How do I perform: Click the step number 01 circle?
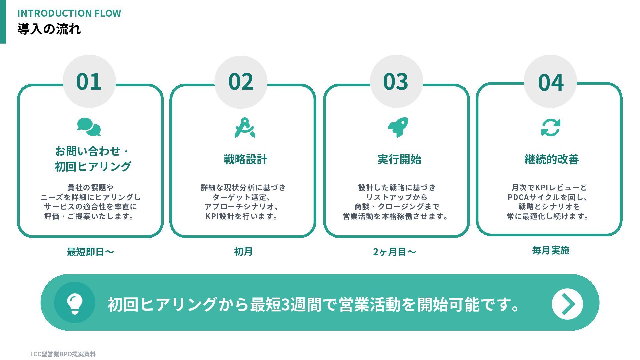click(89, 81)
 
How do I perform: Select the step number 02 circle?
click(241, 82)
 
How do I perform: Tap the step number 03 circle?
click(396, 81)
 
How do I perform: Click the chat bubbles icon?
click(89, 127)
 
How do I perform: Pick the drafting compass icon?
click(245, 127)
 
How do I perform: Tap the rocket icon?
click(398, 127)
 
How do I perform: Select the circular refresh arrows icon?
click(551, 128)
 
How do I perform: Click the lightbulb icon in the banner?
click(75, 303)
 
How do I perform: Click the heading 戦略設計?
click(245, 159)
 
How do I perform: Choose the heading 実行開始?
click(399, 159)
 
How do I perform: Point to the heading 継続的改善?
click(551, 159)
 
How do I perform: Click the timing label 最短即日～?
click(90, 252)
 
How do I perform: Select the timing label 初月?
click(243, 252)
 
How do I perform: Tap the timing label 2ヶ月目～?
click(394, 252)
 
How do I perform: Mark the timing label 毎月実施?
click(551, 250)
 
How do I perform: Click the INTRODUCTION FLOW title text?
click(69, 13)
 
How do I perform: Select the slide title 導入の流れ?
click(49, 29)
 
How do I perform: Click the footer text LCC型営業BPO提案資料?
click(63, 354)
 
